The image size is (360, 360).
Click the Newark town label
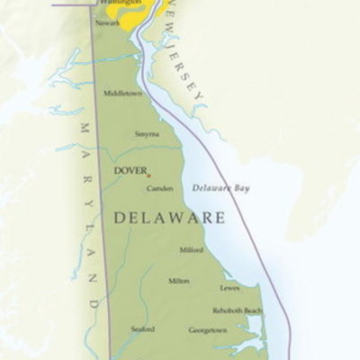[107, 22]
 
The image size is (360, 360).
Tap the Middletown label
[122, 93]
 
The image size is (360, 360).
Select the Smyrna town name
[147, 133]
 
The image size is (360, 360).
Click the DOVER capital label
[130, 169]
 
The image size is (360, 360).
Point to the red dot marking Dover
[148, 175]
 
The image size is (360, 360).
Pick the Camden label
[160, 188]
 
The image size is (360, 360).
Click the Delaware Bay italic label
[221, 188]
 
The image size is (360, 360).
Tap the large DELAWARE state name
[168, 218]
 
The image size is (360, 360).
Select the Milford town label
[191, 249]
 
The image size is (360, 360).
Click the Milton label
[178, 280]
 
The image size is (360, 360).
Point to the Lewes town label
[229, 288]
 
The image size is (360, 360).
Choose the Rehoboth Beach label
[238, 310]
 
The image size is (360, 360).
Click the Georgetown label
[207, 330]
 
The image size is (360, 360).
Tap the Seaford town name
[142, 329]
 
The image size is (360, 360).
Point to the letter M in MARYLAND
[86, 128]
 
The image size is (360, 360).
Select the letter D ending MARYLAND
[94, 306]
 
